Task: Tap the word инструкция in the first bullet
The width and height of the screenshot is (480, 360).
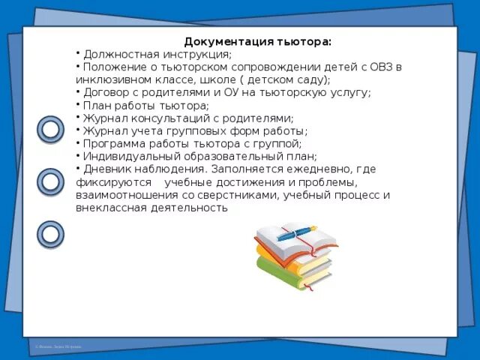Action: point(194,55)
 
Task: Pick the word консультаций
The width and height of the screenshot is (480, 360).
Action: point(166,118)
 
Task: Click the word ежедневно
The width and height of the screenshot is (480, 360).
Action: point(303,169)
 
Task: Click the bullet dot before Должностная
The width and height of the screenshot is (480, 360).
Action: point(78,53)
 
